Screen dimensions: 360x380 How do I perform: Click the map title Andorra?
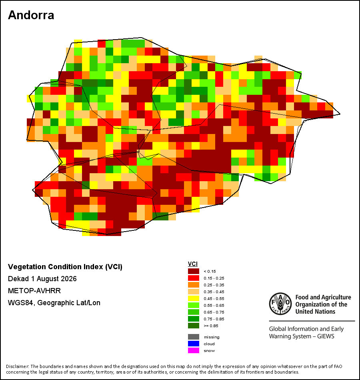(x=31, y=15)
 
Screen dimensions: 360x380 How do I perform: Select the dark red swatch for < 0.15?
(x=194, y=271)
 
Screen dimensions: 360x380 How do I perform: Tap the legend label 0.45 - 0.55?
(x=214, y=298)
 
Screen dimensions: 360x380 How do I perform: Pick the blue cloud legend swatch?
(x=194, y=344)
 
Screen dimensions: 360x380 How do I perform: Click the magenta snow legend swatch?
(x=194, y=350)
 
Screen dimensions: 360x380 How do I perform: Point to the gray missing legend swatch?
(x=194, y=337)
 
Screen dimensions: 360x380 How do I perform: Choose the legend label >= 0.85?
(x=211, y=326)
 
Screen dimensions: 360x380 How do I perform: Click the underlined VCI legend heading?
(x=193, y=264)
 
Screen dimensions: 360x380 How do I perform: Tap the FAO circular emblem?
(x=280, y=304)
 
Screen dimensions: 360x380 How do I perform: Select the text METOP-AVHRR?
(x=34, y=290)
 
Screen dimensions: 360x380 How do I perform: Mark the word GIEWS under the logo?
(x=326, y=336)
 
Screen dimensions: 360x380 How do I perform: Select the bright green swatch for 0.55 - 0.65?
(x=194, y=305)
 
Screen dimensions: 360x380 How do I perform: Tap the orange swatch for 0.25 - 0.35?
(x=194, y=285)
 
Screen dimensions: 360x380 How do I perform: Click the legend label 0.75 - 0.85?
(x=214, y=319)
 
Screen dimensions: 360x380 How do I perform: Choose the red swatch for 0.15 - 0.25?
(x=194, y=278)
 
